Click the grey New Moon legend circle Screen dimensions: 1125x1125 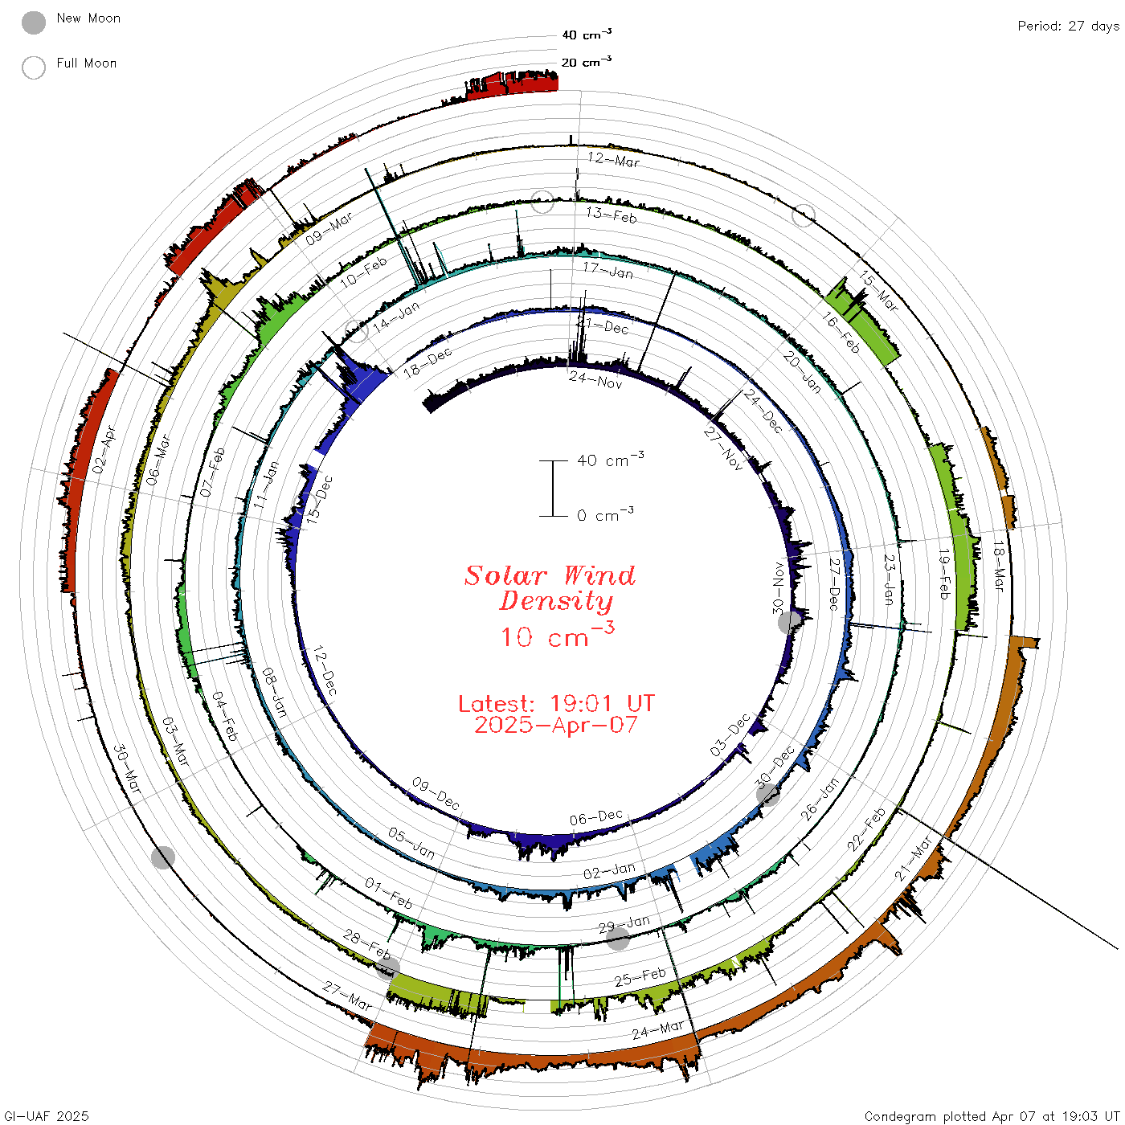[x=33, y=22]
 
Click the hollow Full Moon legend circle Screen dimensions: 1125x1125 [x=33, y=67]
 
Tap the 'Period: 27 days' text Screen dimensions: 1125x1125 [x=1068, y=27]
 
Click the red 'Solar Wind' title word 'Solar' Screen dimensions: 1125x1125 [x=505, y=575]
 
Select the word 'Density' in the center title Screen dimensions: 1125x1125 [x=556, y=601]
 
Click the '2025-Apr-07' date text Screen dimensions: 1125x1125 [x=556, y=725]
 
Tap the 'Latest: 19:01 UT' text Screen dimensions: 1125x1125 [x=556, y=703]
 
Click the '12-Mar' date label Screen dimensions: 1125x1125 [x=613, y=159]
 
